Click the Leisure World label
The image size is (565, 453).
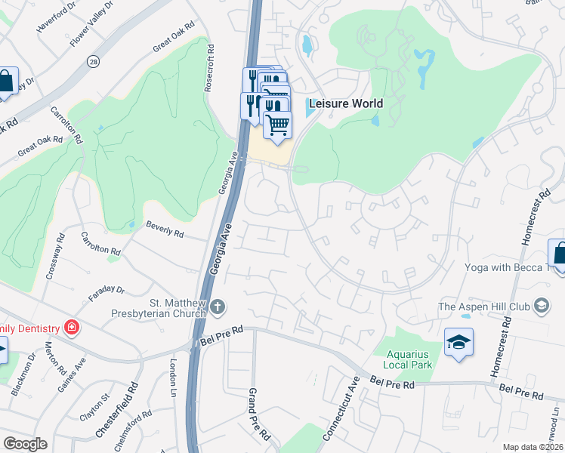[x=345, y=103]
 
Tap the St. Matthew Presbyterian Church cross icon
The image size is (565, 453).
[x=218, y=307]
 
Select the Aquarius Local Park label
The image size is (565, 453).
[x=409, y=359]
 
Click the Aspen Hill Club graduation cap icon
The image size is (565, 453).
[x=541, y=306]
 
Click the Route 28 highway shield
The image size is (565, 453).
[x=93, y=60]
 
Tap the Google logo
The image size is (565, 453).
[x=25, y=444]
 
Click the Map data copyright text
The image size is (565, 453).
[x=533, y=447]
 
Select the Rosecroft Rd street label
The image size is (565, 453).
[x=210, y=68]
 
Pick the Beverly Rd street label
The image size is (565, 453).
[x=165, y=230]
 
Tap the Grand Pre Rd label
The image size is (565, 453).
[x=258, y=414]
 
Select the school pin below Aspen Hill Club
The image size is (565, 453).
[x=459, y=344]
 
